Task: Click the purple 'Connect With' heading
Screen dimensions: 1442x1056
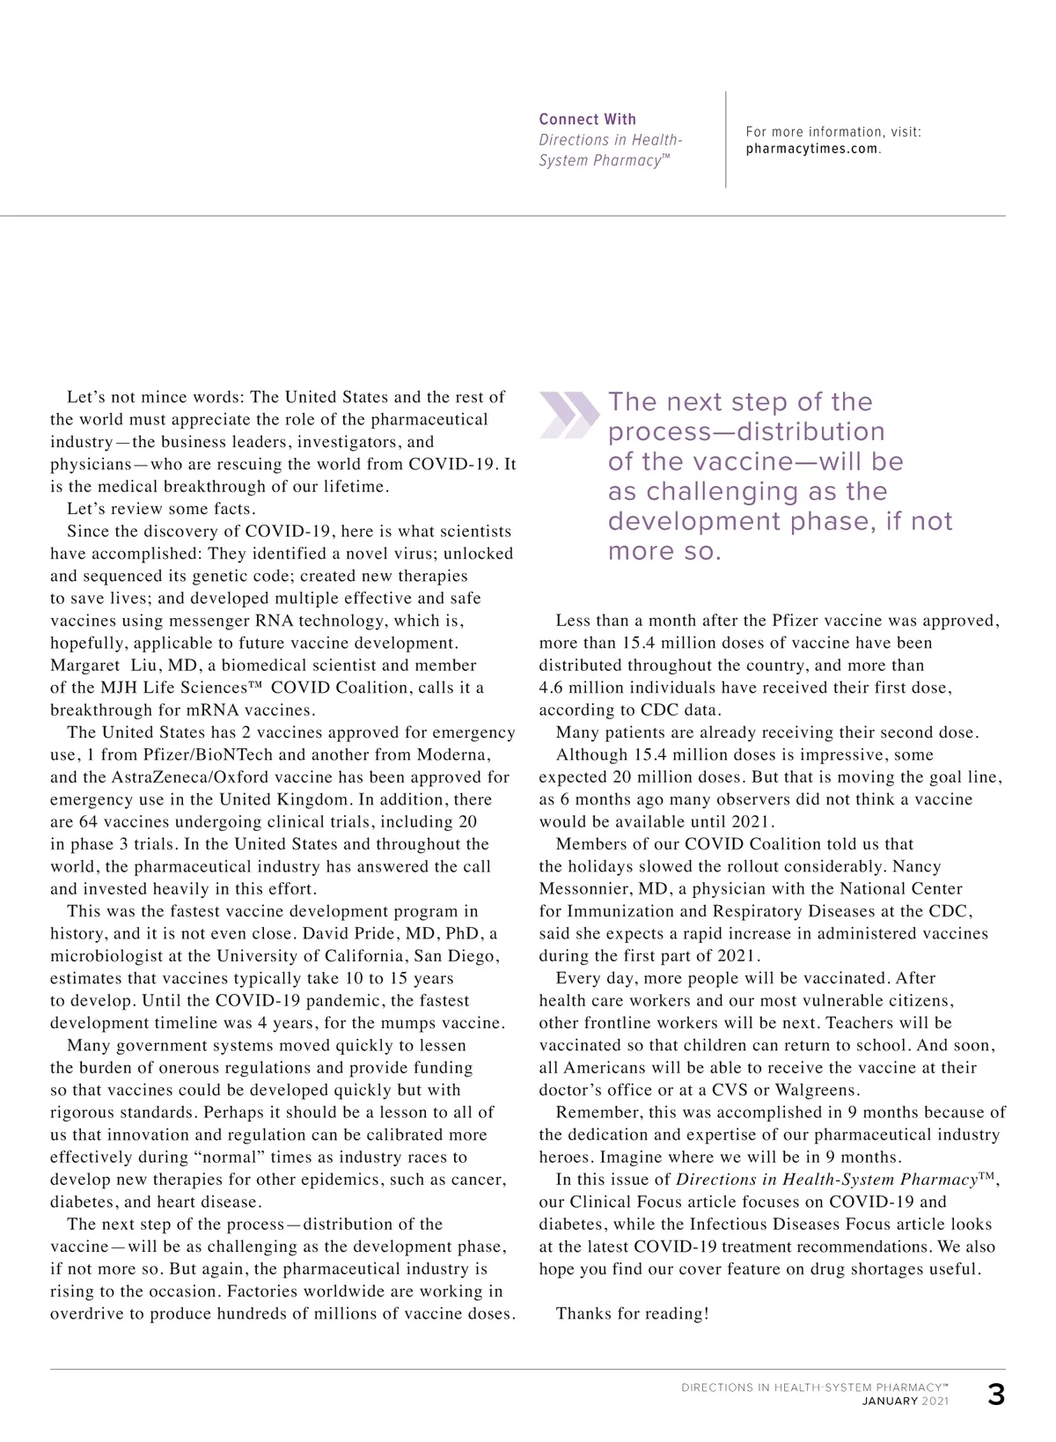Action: [587, 119]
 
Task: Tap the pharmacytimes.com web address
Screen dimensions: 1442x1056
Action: [812, 149]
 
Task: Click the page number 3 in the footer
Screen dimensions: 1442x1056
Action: [995, 1396]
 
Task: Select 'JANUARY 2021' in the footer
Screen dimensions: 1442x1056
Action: [905, 1402]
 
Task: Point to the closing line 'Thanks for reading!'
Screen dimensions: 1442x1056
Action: [632, 1313]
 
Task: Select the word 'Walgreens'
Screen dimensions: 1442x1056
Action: [816, 1090]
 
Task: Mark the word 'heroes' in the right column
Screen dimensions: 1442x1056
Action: [566, 1157]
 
